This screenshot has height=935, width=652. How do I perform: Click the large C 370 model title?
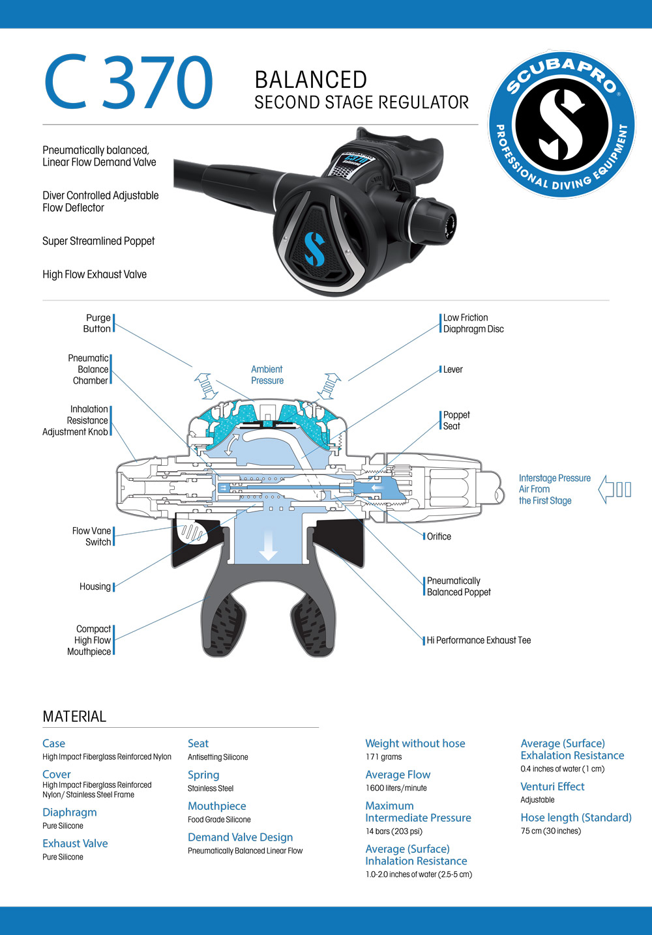point(128,83)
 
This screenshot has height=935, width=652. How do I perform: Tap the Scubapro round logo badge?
point(561,124)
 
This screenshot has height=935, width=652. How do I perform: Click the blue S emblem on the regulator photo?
point(314,249)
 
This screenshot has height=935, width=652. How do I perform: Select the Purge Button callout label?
point(97,323)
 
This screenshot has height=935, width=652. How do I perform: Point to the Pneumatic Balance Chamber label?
point(89,369)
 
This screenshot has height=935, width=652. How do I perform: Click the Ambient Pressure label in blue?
point(267,375)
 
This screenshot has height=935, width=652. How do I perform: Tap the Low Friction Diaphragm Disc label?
point(473,323)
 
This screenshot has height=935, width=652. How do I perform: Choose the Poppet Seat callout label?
point(456,420)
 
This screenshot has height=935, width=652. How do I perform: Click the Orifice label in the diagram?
point(439,536)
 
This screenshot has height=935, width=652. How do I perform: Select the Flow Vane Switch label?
point(92,536)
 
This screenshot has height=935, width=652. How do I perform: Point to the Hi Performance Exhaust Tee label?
point(479,640)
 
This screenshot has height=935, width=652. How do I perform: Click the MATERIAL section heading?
point(74,717)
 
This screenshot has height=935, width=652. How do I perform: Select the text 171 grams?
point(383,757)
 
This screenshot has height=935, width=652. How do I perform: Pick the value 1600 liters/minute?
point(396,788)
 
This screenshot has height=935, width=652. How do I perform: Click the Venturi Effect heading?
point(552,786)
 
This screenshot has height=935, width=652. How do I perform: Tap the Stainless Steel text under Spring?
point(211,788)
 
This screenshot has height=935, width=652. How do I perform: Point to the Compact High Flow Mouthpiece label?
point(89,640)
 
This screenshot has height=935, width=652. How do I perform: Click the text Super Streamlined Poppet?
point(98,241)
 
